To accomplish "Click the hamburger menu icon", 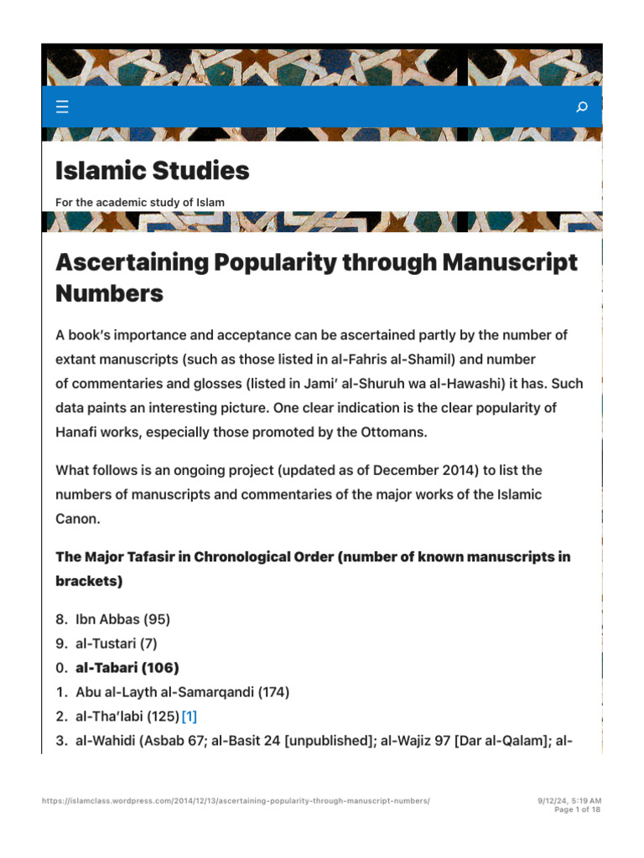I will tap(62, 106).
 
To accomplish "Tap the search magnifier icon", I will tap(582, 106).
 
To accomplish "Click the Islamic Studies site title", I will tap(152, 171).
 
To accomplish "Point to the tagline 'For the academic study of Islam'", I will tap(140, 202).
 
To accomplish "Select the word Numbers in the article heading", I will tap(109, 293).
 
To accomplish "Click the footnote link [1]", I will tap(190, 716).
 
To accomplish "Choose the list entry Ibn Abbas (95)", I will tap(122, 619).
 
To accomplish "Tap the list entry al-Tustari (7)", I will tap(116, 643).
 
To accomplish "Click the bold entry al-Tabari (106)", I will tap(127, 668).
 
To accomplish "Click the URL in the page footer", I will tap(236, 801).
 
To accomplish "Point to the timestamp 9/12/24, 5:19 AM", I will tap(569, 801).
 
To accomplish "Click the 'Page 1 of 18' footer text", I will tap(578, 809).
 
